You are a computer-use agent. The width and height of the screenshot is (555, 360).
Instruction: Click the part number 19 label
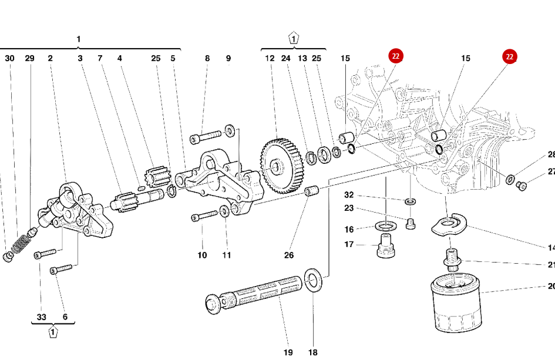click(x=288, y=352)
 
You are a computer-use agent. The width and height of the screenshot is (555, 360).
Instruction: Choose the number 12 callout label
click(x=270, y=58)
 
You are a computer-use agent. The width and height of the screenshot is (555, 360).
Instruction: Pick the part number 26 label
click(x=289, y=255)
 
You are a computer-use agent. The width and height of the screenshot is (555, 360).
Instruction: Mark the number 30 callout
click(x=10, y=58)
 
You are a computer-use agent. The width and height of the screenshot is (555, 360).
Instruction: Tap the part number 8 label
click(x=207, y=58)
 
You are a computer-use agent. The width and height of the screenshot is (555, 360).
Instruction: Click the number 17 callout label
click(x=349, y=245)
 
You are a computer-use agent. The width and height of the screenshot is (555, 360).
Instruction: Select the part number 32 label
click(x=349, y=195)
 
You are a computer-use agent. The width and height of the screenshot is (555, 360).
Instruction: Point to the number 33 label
click(x=42, y=317)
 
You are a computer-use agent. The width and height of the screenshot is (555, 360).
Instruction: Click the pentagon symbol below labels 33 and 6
click(x=53, y=333)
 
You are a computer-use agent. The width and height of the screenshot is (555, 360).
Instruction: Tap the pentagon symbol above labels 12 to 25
click(x=293, y=39)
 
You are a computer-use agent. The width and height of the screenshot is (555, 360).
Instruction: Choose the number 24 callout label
click(x=286, y=58)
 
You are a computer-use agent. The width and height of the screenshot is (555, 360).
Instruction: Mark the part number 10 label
click(x=202, y=255)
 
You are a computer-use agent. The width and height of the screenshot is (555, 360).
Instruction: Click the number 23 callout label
click(x=349, y=208)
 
